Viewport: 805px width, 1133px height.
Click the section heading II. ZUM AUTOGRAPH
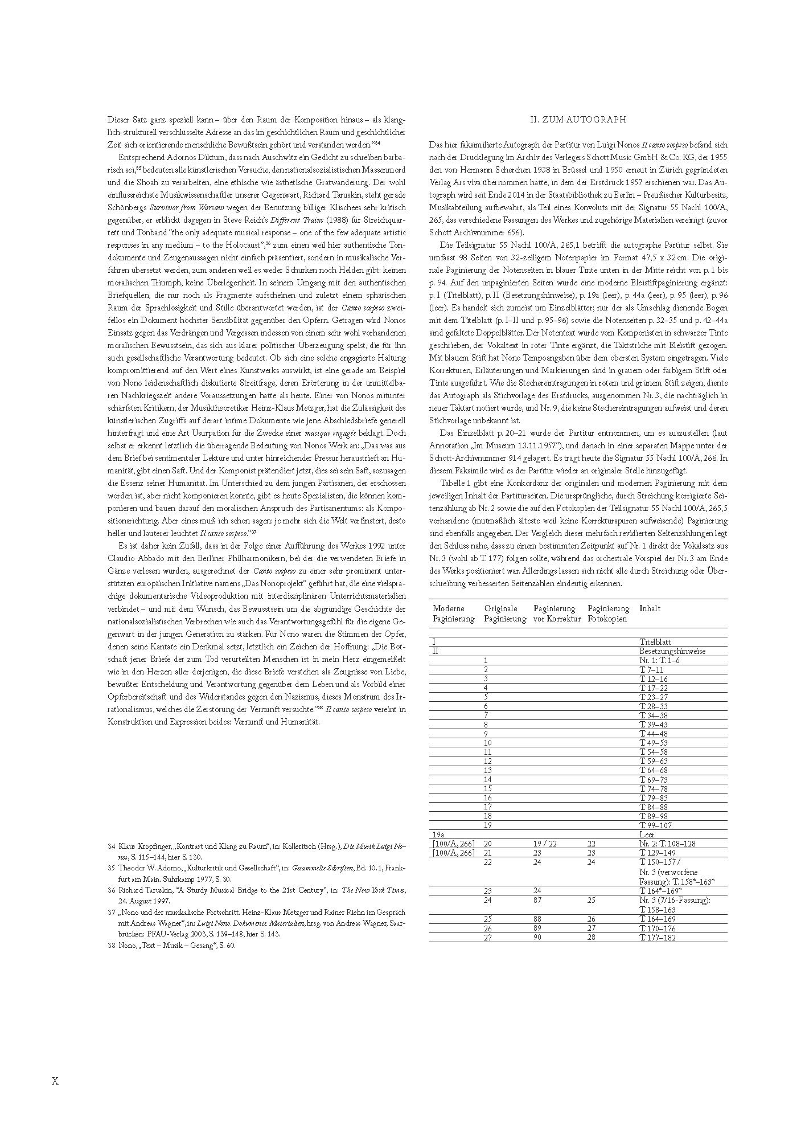578,120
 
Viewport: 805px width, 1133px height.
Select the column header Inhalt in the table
650,608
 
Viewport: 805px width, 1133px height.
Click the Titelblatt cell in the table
655,642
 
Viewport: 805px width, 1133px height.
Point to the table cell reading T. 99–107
656,825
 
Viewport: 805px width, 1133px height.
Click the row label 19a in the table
439,834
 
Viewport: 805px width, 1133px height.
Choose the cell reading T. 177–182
658,937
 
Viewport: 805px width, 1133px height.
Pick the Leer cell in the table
647,834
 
